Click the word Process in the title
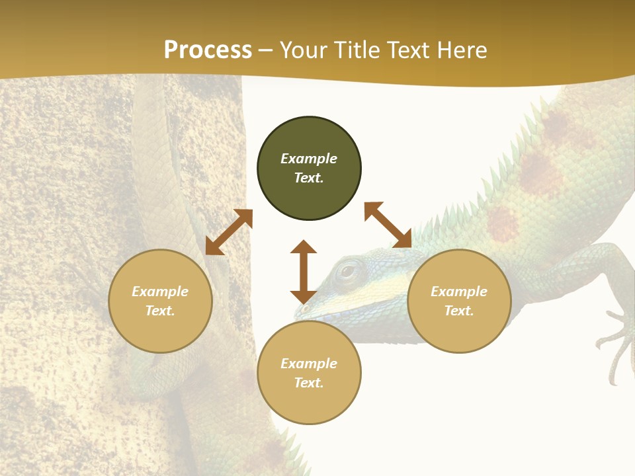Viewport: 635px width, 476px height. pos(208,50)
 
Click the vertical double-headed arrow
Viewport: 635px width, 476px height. pos(304,272)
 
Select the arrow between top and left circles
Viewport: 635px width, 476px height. pos(229,232)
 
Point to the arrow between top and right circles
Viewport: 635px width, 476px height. pos(388,225)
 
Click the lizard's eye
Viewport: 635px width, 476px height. pos(347,270)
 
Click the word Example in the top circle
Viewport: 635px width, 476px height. pos(309,159)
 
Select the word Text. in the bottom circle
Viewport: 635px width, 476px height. pos(309,383)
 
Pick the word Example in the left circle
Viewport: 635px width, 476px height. pos(160,292)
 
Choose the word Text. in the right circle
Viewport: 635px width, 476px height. pos(459,311)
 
